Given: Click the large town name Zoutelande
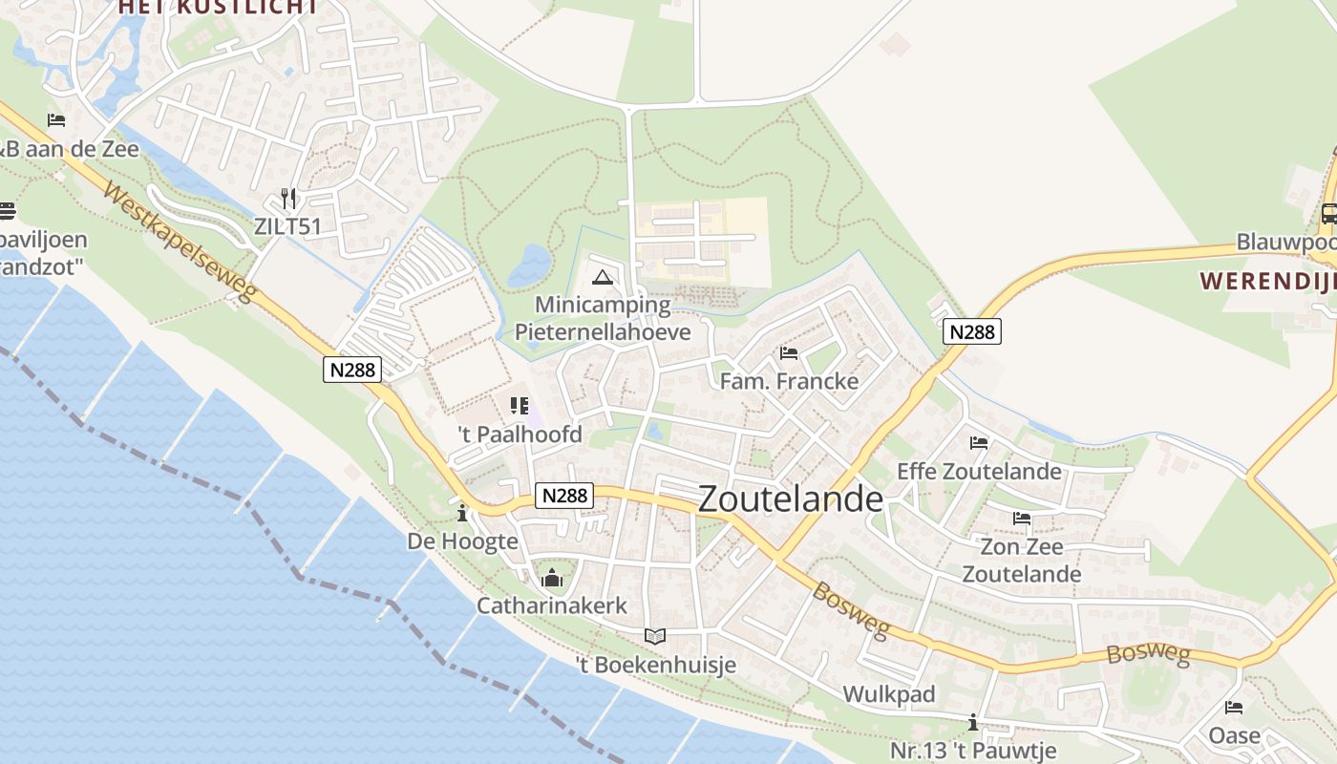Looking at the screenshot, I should (x=791, y=499).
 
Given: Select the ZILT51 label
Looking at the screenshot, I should (x=287, y=226).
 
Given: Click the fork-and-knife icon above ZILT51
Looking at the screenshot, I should (x=288, y=199).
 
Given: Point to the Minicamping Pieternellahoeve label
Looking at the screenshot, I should (x=603, y=318).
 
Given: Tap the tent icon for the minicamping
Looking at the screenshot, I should (x=602, y=278).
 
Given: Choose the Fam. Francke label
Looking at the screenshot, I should (x=789, y=381).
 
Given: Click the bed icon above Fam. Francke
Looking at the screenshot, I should (x=789, y=353).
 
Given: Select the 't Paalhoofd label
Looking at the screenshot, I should (x=520, y=435).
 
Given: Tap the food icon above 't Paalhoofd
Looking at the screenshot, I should (x=520, y=406).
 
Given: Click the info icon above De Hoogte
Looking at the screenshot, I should (x=463, y=514).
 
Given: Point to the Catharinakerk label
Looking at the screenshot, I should (x=552, y=605).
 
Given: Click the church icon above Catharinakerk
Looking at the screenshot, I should (x=552, y=578).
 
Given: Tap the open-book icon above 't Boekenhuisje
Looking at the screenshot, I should (x=654, y=636).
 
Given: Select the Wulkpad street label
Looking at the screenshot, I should (x=888, y=694).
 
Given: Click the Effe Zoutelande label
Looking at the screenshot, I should (x=979, y=471).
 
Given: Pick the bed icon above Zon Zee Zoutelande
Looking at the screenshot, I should (x=1022, y=519).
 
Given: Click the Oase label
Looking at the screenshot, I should (x=1234, y=736).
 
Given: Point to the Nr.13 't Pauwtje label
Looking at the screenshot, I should (x=972, y=750).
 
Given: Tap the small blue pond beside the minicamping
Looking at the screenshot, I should (x=530, y=265).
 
